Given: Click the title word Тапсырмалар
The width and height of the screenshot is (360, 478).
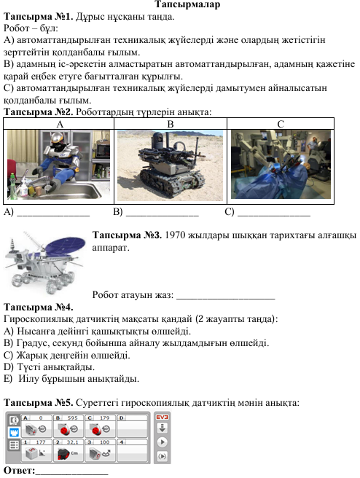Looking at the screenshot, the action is (187, 4).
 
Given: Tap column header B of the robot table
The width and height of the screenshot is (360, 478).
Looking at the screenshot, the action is (171, 124).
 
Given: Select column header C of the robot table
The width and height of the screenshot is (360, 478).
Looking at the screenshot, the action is (281, 124).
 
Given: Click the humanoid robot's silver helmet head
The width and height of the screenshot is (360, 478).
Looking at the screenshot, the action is (57, 141).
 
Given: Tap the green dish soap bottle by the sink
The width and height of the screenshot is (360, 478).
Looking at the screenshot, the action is (12, 185).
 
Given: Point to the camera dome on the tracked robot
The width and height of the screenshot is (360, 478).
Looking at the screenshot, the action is (158, 138).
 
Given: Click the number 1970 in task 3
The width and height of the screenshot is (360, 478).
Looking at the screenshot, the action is (175, 235).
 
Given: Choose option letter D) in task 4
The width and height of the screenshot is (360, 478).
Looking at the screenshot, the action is (8, 367).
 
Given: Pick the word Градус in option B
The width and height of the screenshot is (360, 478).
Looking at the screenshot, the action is (34, 343).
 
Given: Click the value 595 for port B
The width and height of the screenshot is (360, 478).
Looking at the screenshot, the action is (73, 418).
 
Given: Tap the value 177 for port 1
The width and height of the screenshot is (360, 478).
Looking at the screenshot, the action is (41, 442).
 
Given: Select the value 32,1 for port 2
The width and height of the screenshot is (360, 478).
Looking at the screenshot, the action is (73, 442).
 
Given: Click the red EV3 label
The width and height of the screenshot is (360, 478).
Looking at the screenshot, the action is (163, 417).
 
